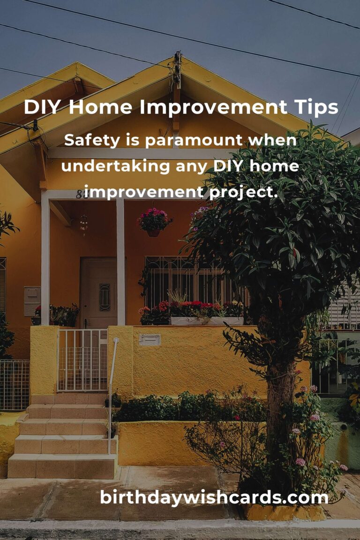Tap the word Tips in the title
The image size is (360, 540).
point(315,108)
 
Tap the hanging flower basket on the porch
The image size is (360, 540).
point(154,221)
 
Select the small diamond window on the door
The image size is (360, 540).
point(105,297)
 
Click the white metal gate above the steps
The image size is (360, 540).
point(82,360)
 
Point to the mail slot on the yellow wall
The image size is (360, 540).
point(150,339)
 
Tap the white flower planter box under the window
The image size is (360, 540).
point(206,321)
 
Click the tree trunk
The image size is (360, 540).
point(280,403)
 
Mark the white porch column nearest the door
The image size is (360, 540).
point(120,262)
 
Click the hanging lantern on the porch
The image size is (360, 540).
point(84,224)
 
